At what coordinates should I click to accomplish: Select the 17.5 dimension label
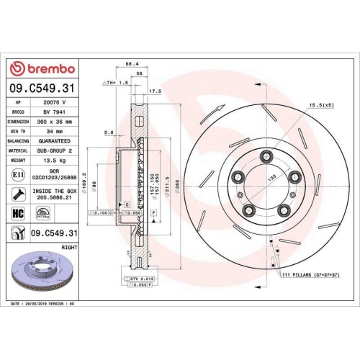coord(154,91)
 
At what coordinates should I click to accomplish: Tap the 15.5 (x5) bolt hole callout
coord(320,107)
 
